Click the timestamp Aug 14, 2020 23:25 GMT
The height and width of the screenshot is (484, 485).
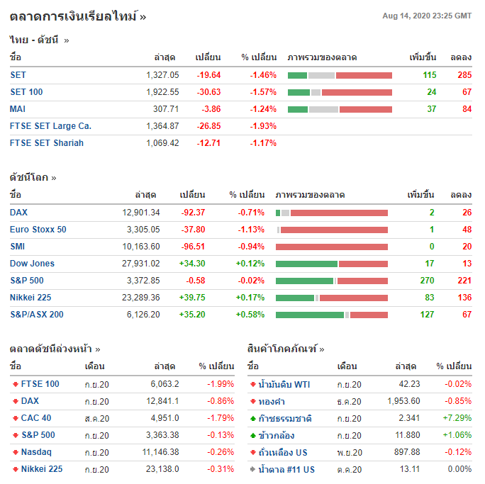click(427, 16)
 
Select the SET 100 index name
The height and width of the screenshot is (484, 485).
click(26, 92)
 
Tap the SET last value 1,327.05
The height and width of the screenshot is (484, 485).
click(162, 75)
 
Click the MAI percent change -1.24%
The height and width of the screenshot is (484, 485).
click(263, 109)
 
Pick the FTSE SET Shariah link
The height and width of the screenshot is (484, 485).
click(47, 143)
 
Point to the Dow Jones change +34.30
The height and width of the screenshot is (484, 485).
click(192, 264)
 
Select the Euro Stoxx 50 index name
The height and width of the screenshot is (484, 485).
click(38, 230)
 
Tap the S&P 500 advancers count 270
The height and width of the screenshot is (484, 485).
click(427, 281)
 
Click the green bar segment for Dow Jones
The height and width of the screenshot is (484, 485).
click(306, 264)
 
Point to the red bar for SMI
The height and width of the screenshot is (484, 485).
click(332, 247)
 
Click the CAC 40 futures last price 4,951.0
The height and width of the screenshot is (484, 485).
click(164, 418)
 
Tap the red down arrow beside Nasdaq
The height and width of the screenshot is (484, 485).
click(15, 452)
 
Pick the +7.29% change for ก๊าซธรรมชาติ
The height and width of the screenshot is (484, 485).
click(457, 418)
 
